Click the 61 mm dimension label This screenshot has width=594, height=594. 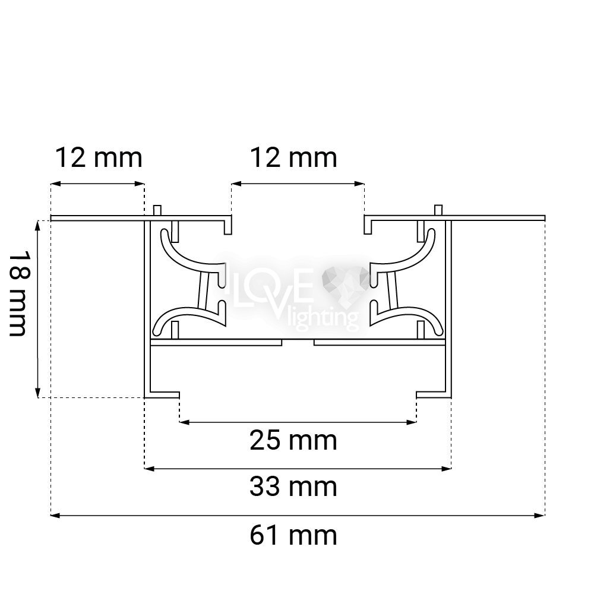pyautogui.click(x=293, y=535)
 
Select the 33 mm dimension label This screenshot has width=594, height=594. pyautogui.click(x=293, y=487)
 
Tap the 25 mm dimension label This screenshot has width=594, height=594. pyautogui.click(x=293, y=440)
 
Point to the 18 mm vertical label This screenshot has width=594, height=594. pyautogui.click(x=18, y=293)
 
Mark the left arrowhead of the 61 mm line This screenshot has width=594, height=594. pyautogui.click(x=55, y=515)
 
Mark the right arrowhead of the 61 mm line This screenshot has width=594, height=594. pyautogui.click(x=540, y=515)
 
